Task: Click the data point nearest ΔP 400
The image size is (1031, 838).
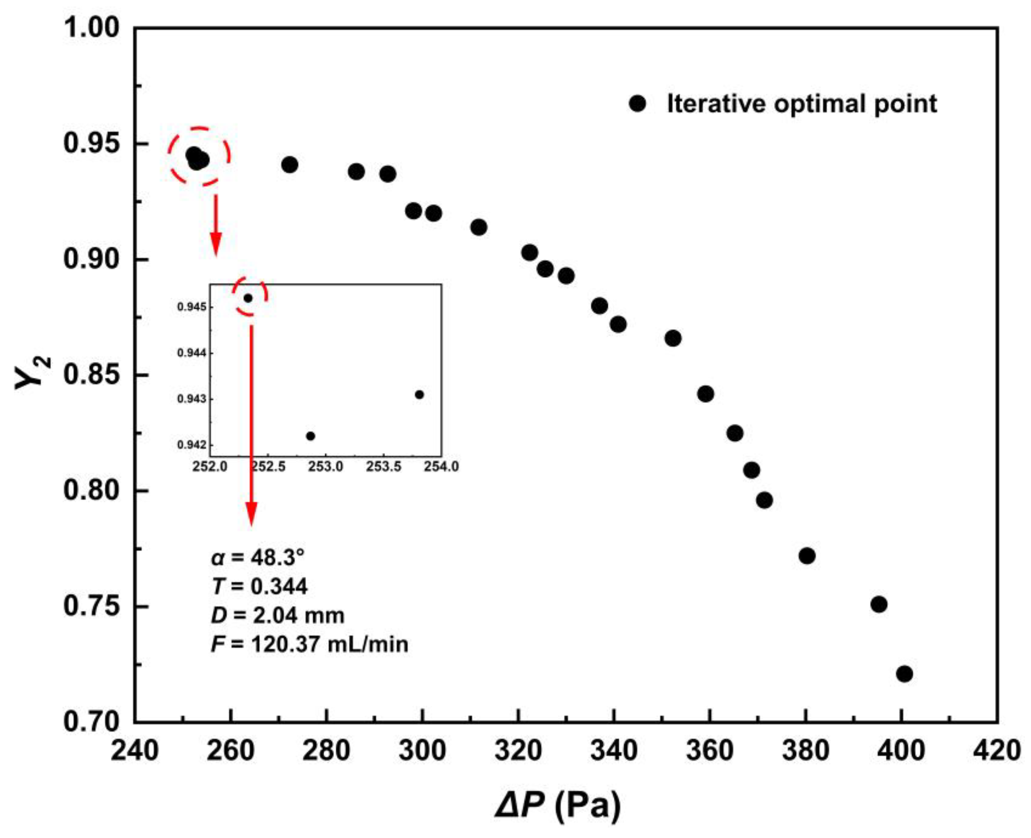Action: [904, 674]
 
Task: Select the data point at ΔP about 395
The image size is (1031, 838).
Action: [879, 604]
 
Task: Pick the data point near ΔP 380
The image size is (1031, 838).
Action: [807, 556]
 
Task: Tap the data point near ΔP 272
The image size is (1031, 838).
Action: [289, 165]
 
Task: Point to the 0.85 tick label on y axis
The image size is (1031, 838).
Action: [85, 375]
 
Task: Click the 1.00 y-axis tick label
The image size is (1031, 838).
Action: [85, 28]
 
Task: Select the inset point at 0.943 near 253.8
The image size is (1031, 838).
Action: [419, 395]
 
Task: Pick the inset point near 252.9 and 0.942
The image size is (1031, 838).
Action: [311, 436]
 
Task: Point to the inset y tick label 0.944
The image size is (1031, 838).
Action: [191, 353]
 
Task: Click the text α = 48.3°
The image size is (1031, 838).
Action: [258, 558]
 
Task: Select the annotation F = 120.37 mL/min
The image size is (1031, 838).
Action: [309, 644]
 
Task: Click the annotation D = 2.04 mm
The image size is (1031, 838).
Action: [277, 616]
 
